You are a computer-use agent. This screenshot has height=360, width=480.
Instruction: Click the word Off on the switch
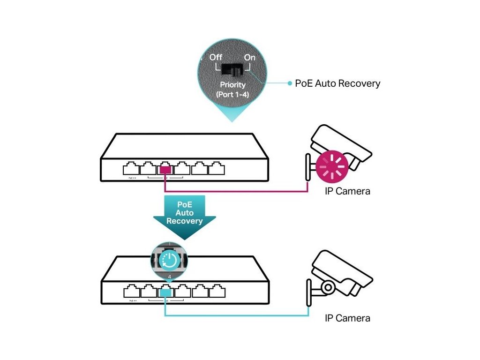(x=216, y=57)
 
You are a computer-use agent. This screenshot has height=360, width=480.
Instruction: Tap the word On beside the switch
(x=249, y=57)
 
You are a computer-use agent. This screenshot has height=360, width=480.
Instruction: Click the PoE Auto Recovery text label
(x=337, y=83)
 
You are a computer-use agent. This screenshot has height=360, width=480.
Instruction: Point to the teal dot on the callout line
(x=290, y=83)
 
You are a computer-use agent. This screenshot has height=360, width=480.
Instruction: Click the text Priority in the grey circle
(x=233, y=85)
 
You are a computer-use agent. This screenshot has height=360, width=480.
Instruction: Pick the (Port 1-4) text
(x=233, y=94)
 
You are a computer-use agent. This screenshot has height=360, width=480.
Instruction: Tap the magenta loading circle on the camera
(x=331, y=166)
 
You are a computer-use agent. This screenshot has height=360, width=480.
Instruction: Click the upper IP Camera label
(x=347, y=191)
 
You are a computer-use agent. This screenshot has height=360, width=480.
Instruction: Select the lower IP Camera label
(x=347, y=318)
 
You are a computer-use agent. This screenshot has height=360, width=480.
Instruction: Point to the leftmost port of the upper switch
(x=131, y=169)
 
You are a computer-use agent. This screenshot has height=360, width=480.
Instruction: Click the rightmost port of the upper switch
(x=217, y=169)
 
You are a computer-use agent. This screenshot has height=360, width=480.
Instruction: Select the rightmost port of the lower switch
(x=217, y=292)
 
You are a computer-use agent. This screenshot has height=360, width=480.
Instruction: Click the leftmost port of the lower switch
(x=131, y=292)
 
